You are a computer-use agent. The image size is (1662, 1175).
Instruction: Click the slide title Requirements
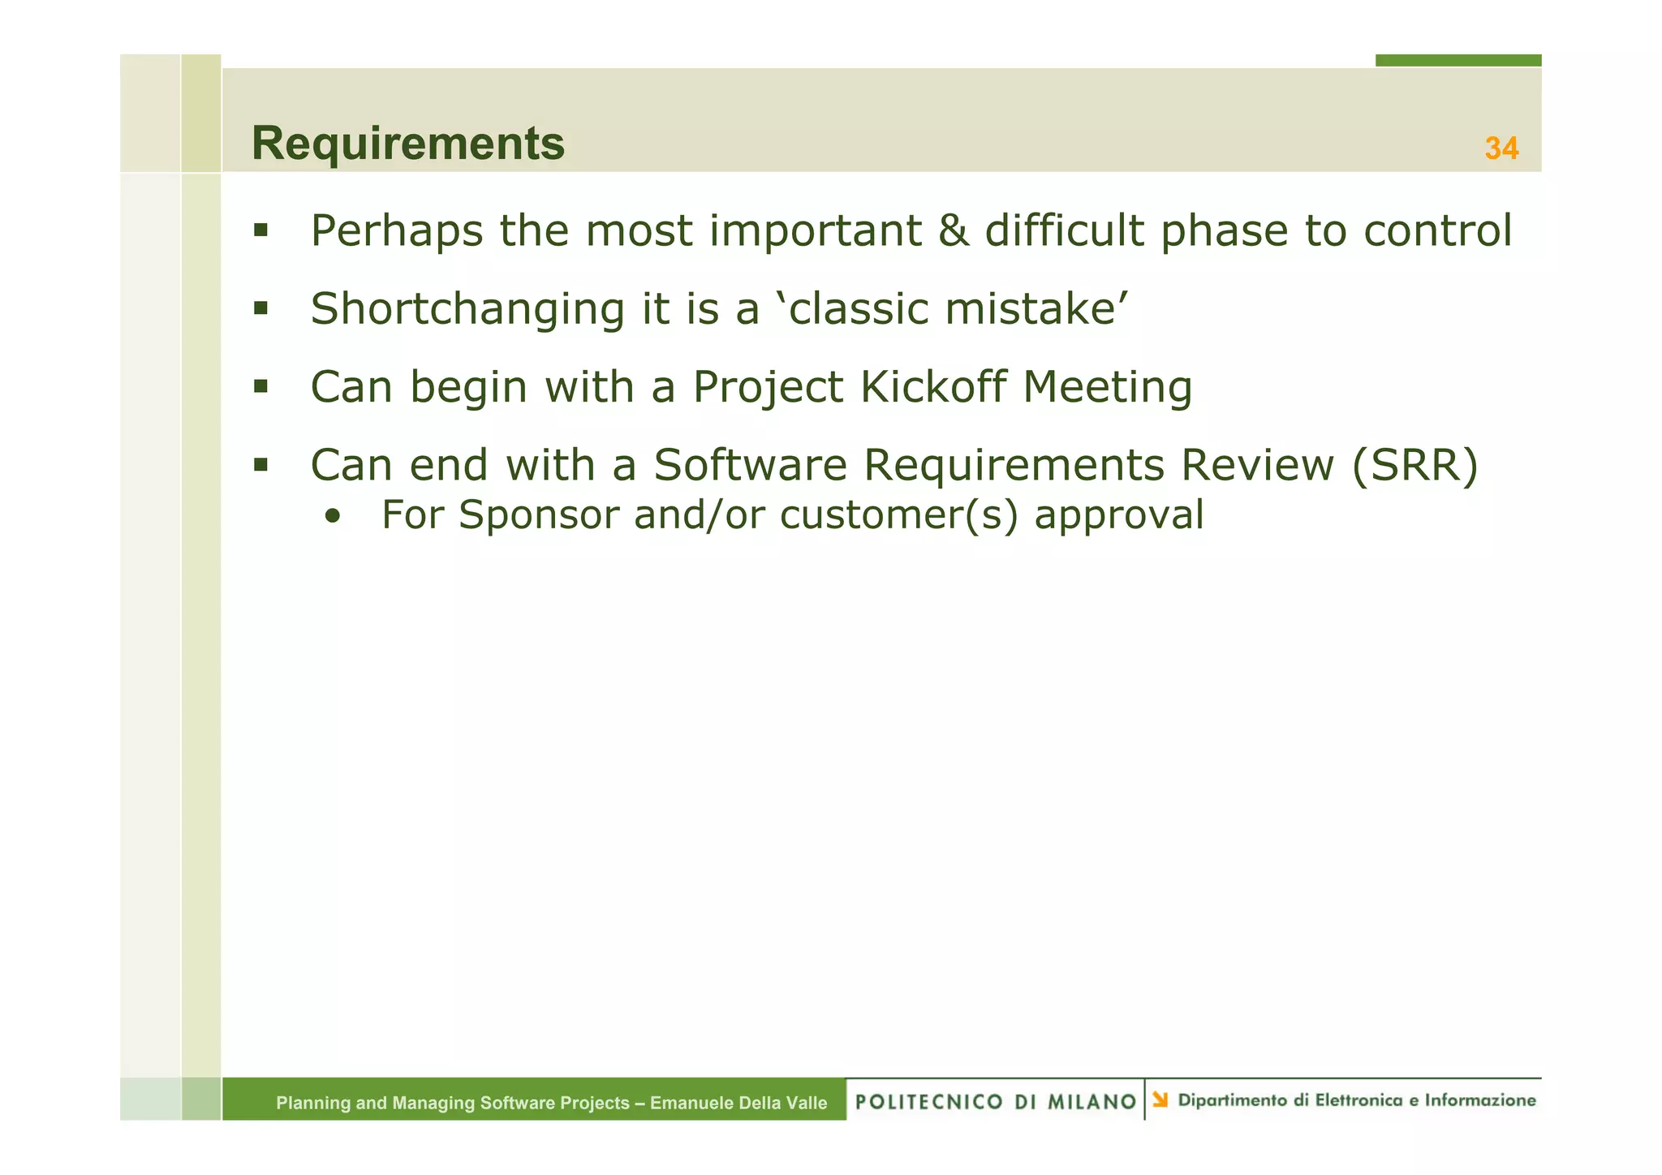408,144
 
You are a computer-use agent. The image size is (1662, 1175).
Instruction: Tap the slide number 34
1501,148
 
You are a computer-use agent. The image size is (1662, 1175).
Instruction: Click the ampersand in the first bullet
953,230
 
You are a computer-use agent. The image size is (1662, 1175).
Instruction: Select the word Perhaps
396,232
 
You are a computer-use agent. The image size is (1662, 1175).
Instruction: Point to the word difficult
1064,230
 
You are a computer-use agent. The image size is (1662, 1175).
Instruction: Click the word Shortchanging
467,310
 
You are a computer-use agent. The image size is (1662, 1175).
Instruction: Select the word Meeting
1107,388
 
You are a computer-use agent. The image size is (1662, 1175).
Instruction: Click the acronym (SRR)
1415,466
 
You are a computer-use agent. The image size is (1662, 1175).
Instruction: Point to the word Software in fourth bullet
750,466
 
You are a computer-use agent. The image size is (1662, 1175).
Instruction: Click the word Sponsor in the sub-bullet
538,515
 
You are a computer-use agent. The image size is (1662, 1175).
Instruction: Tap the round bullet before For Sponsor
331,517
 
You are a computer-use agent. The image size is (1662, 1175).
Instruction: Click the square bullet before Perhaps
260,230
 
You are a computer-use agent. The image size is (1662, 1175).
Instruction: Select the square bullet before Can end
260,465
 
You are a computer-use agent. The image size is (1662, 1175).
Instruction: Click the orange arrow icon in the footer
1160,1100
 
